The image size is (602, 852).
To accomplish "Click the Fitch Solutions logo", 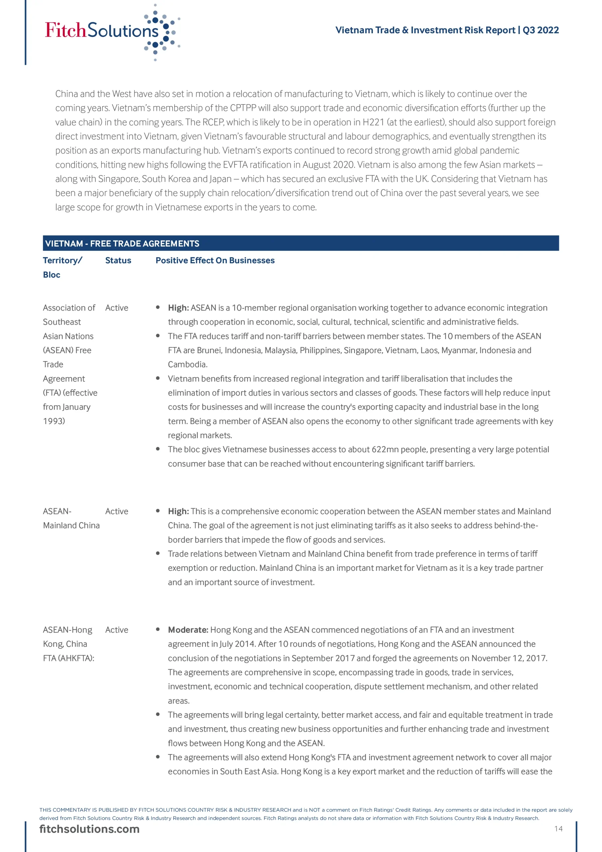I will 111,32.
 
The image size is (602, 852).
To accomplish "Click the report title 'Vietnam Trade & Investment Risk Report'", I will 425,30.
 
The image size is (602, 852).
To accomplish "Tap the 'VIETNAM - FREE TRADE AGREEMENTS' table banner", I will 122,243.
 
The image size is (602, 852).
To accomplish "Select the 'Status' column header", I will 118,261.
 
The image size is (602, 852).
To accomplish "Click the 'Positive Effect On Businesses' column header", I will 215,261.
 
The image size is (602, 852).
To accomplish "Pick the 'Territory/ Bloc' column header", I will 62,267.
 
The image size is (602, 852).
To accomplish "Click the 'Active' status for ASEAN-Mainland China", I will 116,511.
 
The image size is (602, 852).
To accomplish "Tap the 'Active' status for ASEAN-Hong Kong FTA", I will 116,630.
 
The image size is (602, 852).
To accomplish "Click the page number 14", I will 558,829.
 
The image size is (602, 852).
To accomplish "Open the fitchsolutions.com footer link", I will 89,829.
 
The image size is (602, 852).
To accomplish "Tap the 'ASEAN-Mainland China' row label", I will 71,519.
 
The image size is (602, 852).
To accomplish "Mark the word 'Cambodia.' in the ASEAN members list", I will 187,364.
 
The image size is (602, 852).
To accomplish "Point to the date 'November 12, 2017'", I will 509,658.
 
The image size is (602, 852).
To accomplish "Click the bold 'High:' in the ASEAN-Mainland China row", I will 178,511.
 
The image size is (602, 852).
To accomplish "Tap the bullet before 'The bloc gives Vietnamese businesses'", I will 158,449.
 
